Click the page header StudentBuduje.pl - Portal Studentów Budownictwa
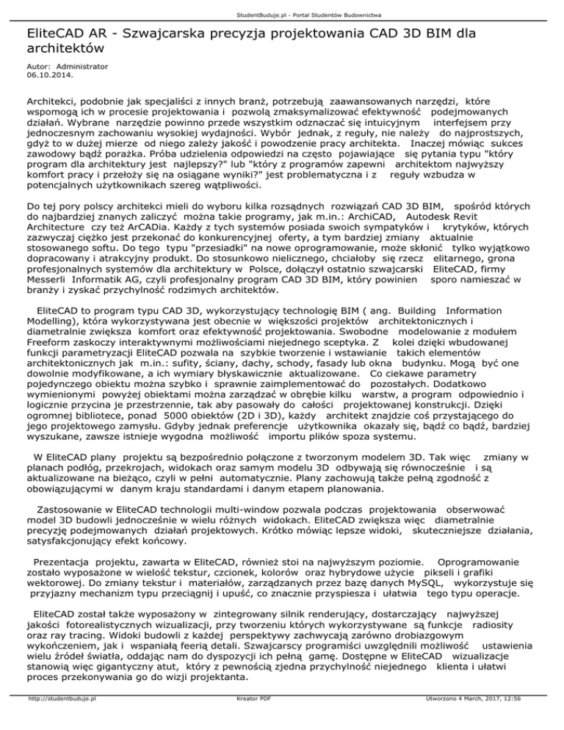pyautogui.click(x=282, y=14)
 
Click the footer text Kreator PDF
pyautogui.click(x=248, y=720)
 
